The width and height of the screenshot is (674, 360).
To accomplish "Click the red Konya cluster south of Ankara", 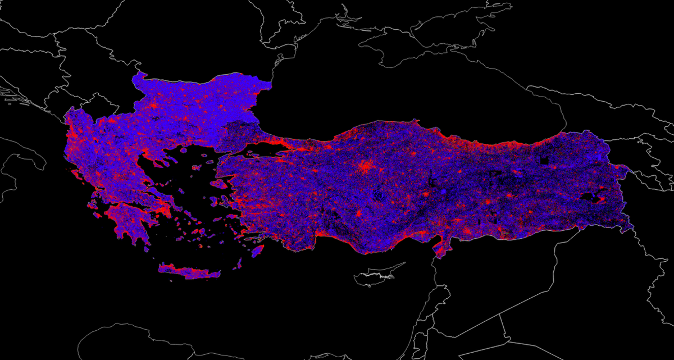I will tap(359, 213).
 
